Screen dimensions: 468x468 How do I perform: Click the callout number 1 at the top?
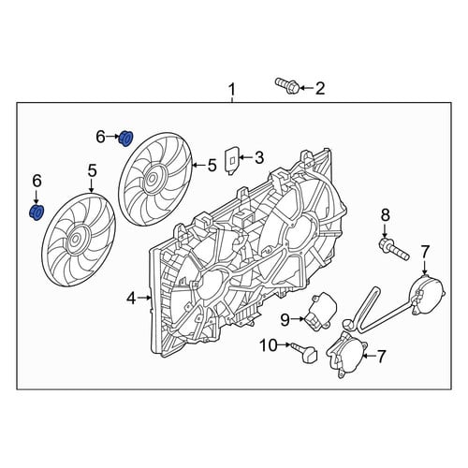pyautogui.click(x=231, y=90)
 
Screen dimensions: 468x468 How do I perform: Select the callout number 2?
pyautogui.click(x=319, y=88)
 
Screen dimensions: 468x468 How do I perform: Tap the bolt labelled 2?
pyautogui.click(x=286, y=87)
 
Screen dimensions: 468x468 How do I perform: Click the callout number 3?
pyautogui.click(x=258, y=157)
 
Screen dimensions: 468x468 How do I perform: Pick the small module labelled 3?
pyautogui.click(x=232, y=162)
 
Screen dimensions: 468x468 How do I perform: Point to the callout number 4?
pyautogui.click(x=131, y=300)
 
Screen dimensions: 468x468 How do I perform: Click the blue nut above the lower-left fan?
pyautogui.click(x=37, y=212)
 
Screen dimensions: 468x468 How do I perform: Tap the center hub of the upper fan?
pyautogui.click(x=151, y=179)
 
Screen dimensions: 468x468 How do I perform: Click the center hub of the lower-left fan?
pyautogui.click(x=75, y=240)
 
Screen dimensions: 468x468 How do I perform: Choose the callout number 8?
pyautogui.click(x=385, y=215)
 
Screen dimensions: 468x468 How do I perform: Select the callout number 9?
pyautogui.click(x=285, y=319)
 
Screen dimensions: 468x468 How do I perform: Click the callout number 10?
pyautogui.click(x=269, y=345)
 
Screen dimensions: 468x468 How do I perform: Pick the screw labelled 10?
pyautogui.click(x=304, y=352)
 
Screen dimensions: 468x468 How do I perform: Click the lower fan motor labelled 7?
pyautogui.click(x=345, y=354)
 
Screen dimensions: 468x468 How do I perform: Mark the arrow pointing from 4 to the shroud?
pyautogui.click(x=144, y=299)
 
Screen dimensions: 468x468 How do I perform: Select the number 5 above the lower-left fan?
pyautogui.click(x=92, y=171)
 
